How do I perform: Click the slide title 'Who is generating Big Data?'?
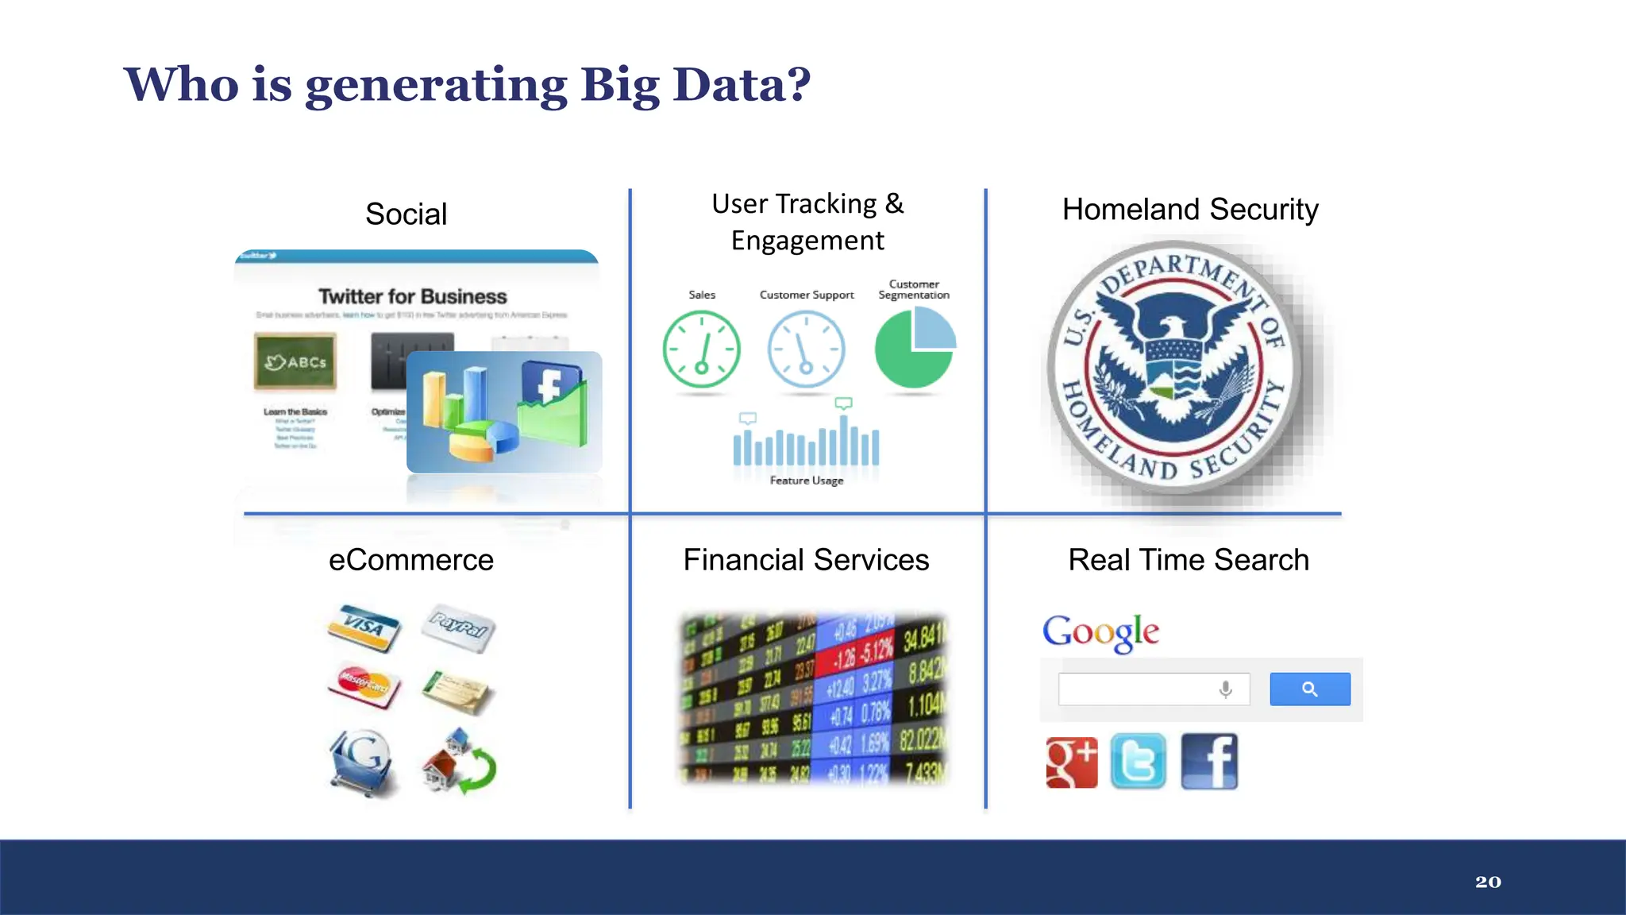tap(467, 84)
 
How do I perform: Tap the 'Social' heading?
tap(406, 214)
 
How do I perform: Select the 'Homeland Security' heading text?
tap(1189, 210)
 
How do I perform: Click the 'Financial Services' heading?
tap(806, 560)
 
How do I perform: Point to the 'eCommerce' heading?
tap(411, 560)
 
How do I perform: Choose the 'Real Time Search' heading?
tap(1188, 560)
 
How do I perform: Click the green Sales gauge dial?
tap(701, 349)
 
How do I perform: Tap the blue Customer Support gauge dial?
tap(806, 349)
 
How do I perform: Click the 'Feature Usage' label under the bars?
tap(806, 481)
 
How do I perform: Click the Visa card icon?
tap(364, 627)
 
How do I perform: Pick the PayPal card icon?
tap(458, 627)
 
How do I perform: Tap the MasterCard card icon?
tap(364, 685)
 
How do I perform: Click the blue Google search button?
tap(1309, 689)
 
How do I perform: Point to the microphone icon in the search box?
tap(1225, 689)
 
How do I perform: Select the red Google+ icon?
tap(1071, 762)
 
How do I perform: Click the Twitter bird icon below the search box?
tap(1138, 762)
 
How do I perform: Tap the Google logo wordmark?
tap(1100, 632)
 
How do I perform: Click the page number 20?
tap(1488, 882)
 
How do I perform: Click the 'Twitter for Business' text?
tap(412, 296)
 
